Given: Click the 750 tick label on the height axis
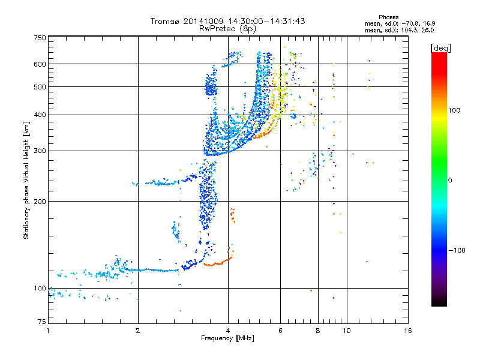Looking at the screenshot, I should tap(40, 38).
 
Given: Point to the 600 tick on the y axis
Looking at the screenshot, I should tap(40, 64).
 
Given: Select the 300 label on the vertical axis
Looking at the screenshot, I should tap(40, 151).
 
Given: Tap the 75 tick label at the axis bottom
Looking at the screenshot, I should tap(41, 323).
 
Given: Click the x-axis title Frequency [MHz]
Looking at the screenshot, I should tap(227, 338).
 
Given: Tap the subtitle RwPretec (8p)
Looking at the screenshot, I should tap(227, 28).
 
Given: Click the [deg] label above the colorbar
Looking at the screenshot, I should tap(441, 47).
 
